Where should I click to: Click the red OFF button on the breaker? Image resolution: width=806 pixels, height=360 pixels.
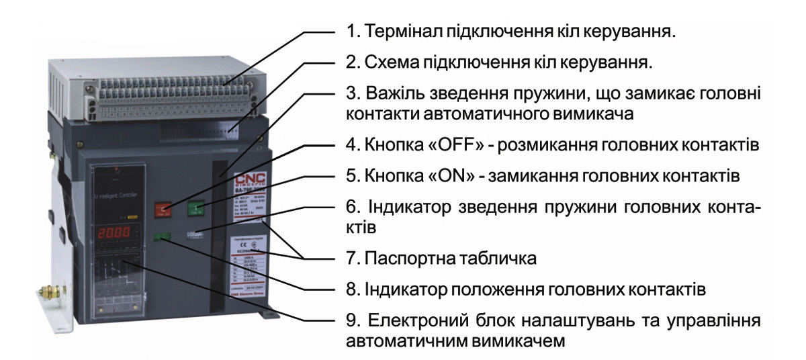click(163, 209)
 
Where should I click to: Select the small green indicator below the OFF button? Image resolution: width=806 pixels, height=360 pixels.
click(162, 236)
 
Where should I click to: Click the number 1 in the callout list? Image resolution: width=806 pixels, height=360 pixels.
click(350, 32)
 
